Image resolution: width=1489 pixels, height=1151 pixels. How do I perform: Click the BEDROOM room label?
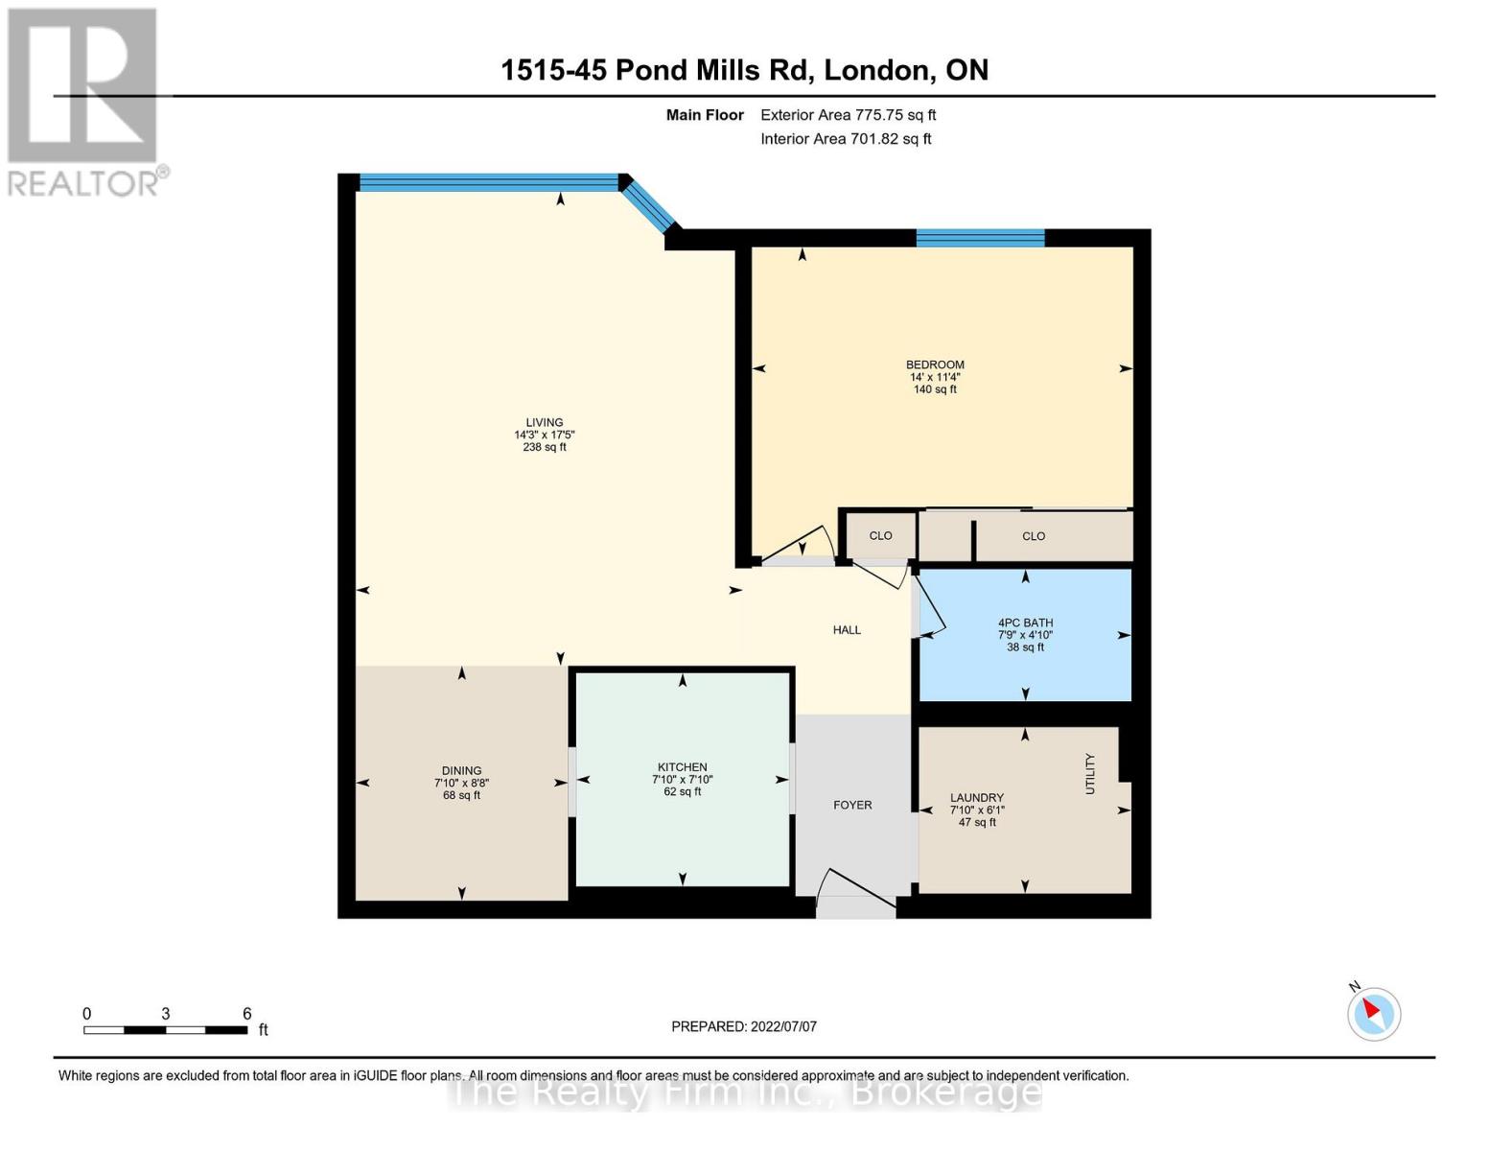coord(935,364)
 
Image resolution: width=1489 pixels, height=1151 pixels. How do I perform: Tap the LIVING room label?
coord(544,423)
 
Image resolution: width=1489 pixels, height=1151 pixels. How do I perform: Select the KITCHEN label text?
coord(682,767)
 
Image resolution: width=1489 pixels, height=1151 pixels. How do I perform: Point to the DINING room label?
coord(461,770)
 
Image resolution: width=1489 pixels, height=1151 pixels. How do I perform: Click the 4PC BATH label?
coord(1025,622)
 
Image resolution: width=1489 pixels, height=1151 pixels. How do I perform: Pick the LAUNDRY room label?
coord(976,797)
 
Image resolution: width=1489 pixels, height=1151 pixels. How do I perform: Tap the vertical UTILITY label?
coord(1090,774)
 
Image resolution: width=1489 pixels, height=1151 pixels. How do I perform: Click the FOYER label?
coord(852,805)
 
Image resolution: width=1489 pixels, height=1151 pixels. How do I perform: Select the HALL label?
coord(847,629)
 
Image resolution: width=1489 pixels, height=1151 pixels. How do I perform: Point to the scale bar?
coord(165,1030)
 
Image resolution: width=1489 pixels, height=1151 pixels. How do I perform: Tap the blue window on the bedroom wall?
coord(980,238)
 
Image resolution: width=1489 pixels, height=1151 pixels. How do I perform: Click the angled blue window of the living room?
coord(652,205)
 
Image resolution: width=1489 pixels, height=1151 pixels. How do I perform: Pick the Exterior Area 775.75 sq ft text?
coord(848,115)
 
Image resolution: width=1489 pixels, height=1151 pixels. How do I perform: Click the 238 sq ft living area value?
coord(544,447)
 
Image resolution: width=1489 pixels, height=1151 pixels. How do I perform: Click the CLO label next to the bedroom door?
coord(880,535)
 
